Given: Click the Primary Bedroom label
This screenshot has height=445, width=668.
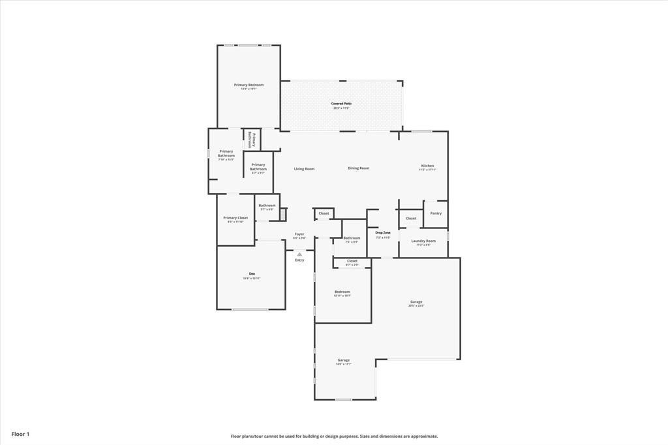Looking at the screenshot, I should tap(249, 85).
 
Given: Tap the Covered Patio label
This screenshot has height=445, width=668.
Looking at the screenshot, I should tap(341, 104).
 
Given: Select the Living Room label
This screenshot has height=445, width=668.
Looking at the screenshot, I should tap(304, 169).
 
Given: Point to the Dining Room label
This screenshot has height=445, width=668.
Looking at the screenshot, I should tap(358, 168).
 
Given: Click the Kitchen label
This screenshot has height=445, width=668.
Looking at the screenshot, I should tap(427, 166).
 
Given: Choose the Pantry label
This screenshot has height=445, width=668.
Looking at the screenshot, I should tap(436, 213).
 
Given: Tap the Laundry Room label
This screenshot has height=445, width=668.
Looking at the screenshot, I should tap(423, 241).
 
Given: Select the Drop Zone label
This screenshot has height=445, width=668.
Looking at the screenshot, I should tap(383, 232).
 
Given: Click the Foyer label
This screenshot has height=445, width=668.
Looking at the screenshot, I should tap(299, 234).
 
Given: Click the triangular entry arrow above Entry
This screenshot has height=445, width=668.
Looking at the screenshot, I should tap(299, 254).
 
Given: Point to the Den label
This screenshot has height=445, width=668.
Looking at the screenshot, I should tap(251, 273).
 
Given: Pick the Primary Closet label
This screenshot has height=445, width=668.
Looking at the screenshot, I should tap(235, 218).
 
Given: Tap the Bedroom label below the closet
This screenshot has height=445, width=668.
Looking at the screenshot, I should tap(342, 292).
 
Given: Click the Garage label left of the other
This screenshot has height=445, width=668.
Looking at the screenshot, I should tap(344, 360).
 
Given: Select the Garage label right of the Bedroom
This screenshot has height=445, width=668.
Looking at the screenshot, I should tap(416, 302).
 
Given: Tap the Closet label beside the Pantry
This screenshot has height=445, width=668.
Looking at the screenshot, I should tap(411, 219).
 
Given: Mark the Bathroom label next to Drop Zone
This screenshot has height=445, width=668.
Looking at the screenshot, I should tap(352, 238).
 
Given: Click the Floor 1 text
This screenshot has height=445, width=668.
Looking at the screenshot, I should tap(20, 434).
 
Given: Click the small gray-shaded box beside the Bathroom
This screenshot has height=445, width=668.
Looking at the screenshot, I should tap(283, 214).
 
